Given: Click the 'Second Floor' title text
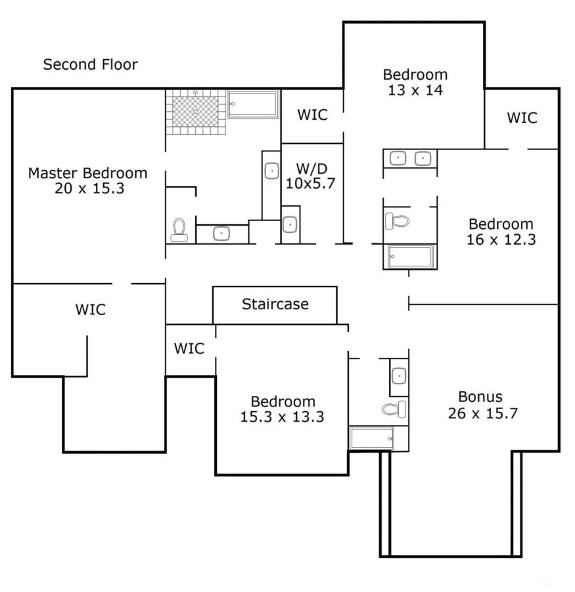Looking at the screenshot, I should pos(90,64).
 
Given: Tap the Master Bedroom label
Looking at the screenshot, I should pos(87,174).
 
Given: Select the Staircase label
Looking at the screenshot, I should pos(275,305).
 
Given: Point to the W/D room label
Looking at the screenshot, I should pos(310,168).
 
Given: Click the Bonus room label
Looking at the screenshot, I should pos(480,397).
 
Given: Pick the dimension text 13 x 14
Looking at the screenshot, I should pos(415,90).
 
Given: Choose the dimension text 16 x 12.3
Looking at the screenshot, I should pos(501,239).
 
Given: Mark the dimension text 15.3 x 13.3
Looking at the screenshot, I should pos(282,416).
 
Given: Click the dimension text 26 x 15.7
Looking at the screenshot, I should pos(480,413).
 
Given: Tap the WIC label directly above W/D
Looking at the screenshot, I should pos(312,114).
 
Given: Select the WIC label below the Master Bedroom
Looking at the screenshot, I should pos(90,309).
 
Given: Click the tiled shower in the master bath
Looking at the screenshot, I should pos(195,111).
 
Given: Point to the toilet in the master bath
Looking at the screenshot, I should pos(179,230).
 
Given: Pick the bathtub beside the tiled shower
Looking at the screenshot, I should pos(253,104).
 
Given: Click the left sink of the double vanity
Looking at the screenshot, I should pos(398,158).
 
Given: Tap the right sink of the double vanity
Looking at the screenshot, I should pos(423,158).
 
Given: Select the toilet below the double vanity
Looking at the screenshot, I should pos(397,220).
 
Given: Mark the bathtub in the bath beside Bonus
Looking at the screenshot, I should pos(372,438).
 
